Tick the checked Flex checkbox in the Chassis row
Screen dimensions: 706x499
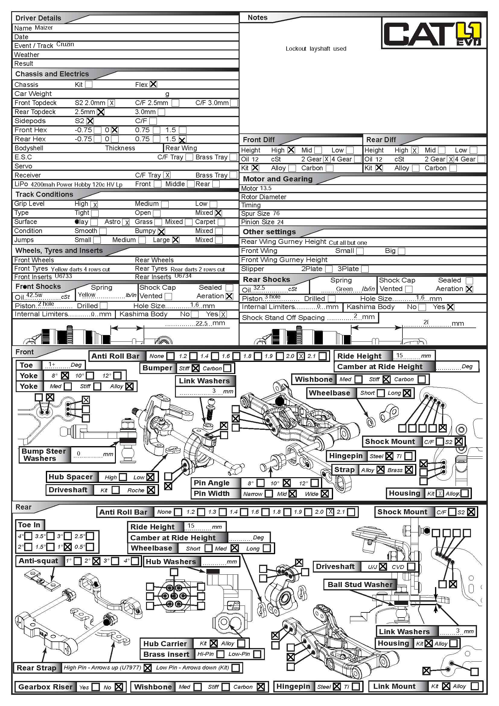153,84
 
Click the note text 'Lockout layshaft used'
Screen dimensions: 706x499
316,49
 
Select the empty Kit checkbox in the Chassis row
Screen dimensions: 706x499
89,84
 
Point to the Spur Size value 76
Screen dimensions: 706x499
276,213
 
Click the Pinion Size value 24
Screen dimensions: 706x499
280,222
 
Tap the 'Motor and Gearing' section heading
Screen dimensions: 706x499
278,179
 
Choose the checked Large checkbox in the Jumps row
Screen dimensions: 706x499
176,240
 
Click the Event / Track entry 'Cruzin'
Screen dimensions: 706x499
65,44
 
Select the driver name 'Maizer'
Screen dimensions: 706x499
44,28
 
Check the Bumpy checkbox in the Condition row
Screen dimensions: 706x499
161,231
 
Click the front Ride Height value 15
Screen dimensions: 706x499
399,355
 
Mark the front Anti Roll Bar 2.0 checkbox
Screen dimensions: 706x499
301,356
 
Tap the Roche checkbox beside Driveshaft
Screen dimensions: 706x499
151,490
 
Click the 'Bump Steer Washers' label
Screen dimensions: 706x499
44,455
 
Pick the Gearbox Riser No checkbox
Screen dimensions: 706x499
119,687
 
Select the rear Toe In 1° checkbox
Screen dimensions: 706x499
68,547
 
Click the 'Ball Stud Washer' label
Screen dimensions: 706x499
360,585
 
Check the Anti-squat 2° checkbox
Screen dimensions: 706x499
96,561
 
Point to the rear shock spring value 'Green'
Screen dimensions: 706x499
344,289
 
